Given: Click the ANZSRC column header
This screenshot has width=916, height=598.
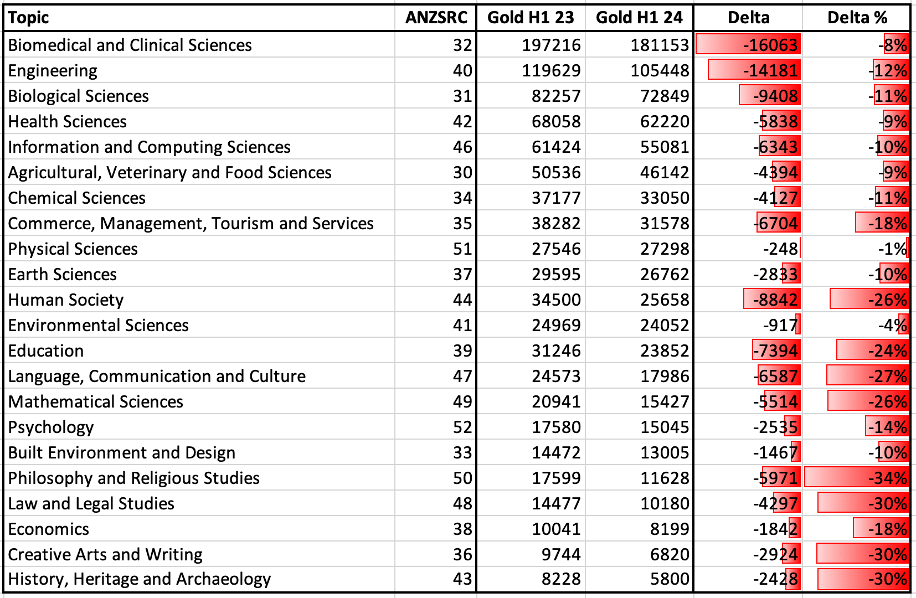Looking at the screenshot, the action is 436,18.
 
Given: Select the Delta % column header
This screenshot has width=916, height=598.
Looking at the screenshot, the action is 857,18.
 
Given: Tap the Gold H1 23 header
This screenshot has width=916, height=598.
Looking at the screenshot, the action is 531,18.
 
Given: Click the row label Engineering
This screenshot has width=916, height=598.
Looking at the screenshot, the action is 53,71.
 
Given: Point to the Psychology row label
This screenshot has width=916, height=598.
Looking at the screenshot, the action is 51,427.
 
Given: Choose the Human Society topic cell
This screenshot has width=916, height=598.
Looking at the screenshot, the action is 66,300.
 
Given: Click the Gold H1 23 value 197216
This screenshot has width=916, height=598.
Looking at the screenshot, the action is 551,45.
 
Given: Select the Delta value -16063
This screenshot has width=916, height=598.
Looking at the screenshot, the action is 770,45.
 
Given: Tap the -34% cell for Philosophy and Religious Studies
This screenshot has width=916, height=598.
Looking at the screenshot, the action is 887,478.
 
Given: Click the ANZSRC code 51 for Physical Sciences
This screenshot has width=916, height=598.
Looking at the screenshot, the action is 462,249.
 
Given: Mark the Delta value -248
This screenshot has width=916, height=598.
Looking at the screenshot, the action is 780,249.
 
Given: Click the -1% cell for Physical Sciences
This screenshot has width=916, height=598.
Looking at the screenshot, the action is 892,249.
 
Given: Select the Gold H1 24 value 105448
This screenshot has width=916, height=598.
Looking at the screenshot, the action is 660,71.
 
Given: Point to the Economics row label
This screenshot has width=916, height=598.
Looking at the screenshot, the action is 48,529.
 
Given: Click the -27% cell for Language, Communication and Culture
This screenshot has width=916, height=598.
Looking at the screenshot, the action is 887,377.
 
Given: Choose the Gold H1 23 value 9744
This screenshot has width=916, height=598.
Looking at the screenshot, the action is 561,555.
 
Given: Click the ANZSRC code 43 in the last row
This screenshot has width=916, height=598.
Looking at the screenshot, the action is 462,579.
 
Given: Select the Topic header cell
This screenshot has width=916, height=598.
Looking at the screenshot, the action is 28,18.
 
